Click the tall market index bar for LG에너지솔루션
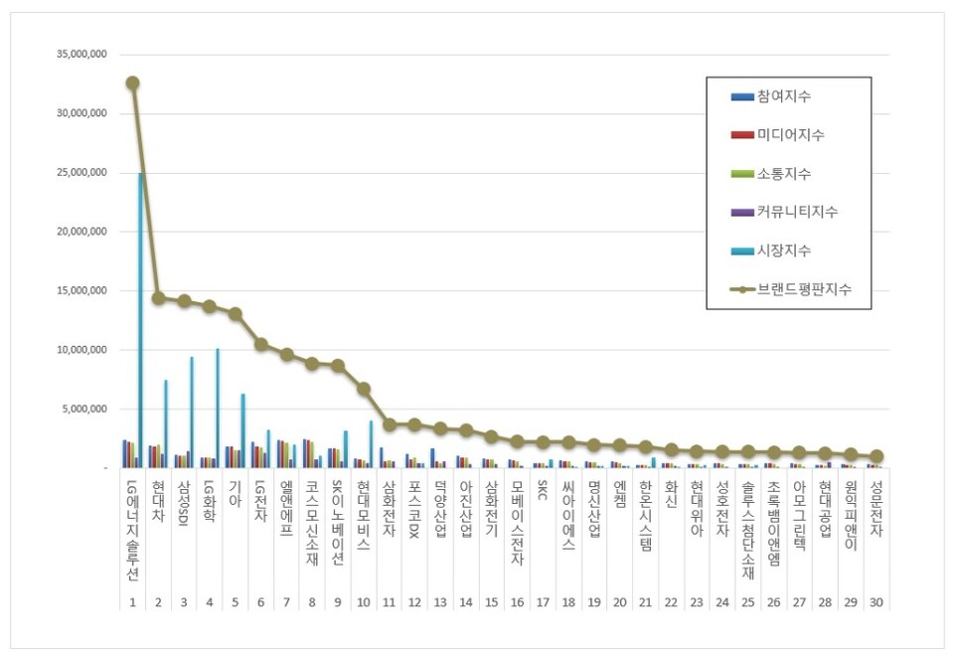(x=141, y=318)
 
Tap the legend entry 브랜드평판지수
(x=790, y=289)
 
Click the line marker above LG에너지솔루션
(x=132, y=83)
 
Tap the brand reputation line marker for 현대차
(x=158, y=297)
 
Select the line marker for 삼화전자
(x=389, y=424)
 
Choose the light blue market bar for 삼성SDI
(x=192, y=412)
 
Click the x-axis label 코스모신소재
(x=312, y=523)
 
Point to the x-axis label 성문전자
(x=875, y=510)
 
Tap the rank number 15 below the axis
(x=491, y=601)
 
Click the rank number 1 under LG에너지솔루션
(x=132, y=601)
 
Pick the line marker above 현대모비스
(x=364, y=389)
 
